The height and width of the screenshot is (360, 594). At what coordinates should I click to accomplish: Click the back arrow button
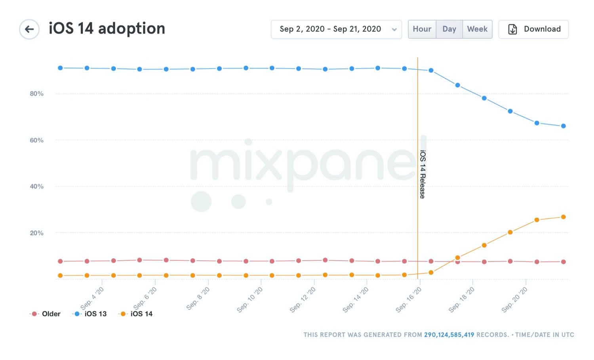[29, 29]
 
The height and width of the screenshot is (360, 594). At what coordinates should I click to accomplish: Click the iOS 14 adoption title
[107, 29]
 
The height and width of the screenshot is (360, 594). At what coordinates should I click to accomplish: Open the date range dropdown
[336, 29]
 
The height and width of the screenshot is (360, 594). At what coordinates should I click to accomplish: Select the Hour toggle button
[422, 29]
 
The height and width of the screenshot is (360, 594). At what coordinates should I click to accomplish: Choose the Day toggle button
[449, 29]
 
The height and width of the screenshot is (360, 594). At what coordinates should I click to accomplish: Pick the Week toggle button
[477, 29]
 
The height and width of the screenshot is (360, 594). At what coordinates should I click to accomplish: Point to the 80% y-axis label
[36, 94]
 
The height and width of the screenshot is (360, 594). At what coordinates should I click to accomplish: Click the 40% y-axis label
[36, 187]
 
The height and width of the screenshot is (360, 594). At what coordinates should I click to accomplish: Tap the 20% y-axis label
[36, 233]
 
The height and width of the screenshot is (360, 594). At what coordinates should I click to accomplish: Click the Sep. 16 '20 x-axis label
[409, 300]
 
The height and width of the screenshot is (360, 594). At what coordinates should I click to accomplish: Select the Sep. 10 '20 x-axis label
[250, 300]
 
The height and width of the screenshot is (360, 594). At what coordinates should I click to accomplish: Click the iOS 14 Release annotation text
[423, 174]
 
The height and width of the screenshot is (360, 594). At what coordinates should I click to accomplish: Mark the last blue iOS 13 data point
[564, 126]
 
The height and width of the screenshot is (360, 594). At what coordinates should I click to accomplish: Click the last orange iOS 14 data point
[564, 217]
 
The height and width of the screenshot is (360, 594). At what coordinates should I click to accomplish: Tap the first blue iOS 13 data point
[60, 68]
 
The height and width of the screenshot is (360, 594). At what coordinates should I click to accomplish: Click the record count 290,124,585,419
[449, 335]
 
